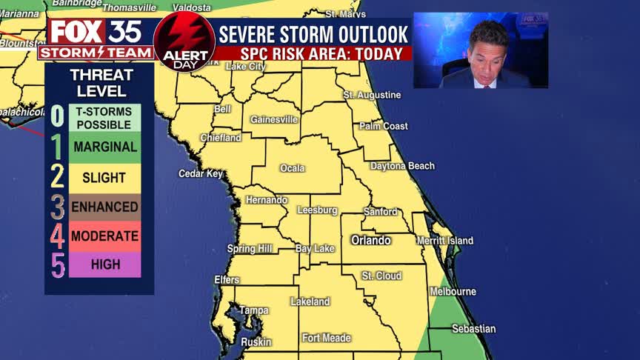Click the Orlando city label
[370, 241]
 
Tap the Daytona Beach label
[402, 166]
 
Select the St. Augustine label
[372, 96]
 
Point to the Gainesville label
[274, 119]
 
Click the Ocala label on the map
[293, 168]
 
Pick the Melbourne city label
[453, 292]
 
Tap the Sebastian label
[473, 329]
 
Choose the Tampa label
[253, 310]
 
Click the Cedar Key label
[201, 174]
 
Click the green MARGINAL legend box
[105, 147]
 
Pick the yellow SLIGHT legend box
[105, 178]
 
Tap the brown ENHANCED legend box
[105, 207]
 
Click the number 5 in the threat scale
[58, 266]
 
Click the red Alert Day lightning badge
[184, 41]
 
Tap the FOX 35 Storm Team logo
[97, 39]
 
